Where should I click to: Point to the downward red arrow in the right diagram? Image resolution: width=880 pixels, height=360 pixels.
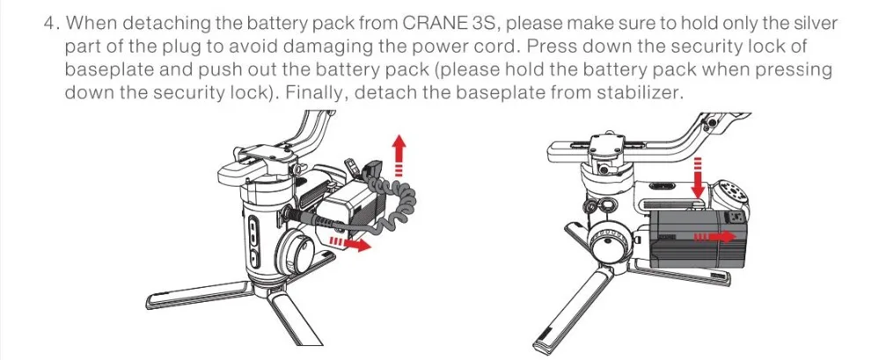click(699, 180)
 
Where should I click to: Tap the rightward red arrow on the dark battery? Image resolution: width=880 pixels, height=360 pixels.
click(714, 237)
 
